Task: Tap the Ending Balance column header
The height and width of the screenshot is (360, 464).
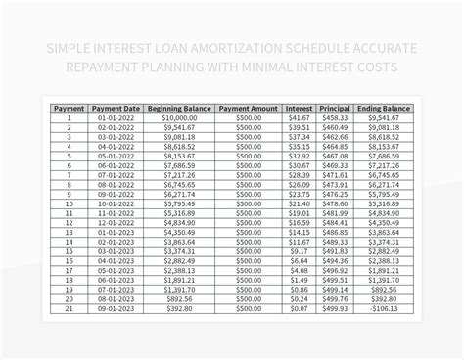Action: click(384, 109)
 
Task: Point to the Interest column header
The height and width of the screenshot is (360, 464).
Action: click(298, 109)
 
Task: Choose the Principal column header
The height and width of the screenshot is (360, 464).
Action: click(335, 109)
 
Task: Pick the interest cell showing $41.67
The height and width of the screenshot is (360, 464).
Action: click(298, 118)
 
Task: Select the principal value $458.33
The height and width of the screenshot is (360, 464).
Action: click(335, 118)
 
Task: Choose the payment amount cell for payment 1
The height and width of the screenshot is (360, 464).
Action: click(248, 118)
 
